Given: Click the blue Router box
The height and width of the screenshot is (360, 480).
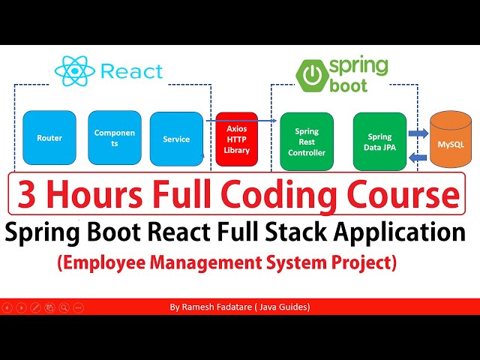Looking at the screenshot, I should point(49,138).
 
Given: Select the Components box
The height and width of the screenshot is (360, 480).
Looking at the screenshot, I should point(115,138).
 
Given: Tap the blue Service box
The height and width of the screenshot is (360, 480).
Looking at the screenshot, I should point(176,139).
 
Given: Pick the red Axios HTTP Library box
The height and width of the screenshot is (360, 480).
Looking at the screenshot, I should point(236,139).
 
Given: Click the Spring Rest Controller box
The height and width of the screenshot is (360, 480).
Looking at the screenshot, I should point(306,141).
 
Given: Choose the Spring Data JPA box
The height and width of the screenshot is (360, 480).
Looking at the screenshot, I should point(379,141).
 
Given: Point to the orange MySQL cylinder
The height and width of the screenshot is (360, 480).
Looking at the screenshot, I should point(451,140).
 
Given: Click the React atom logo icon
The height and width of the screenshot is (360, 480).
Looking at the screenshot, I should point(73,71).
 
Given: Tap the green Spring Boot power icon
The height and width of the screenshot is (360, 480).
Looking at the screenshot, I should point(310,75).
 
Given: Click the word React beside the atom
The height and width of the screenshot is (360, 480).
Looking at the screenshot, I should point(130,72).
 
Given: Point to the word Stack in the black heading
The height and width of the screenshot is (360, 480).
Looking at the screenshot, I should point(304,232).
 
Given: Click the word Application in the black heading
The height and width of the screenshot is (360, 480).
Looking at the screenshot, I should point(405,232).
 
